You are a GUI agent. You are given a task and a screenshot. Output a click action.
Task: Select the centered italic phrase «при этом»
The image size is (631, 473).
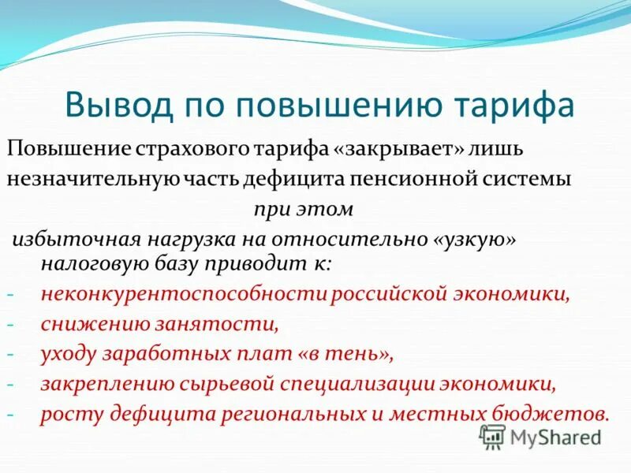(x=304, y=210)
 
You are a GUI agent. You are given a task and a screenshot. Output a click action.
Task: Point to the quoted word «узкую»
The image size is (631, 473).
(x=474, y=239)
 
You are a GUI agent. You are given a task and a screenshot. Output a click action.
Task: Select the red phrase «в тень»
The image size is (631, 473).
(x=345, y=354)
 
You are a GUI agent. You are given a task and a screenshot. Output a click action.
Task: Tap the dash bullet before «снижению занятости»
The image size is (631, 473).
(x=11, y=325)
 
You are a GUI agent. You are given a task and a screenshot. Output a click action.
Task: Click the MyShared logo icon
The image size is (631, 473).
(x=493, y=436)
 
